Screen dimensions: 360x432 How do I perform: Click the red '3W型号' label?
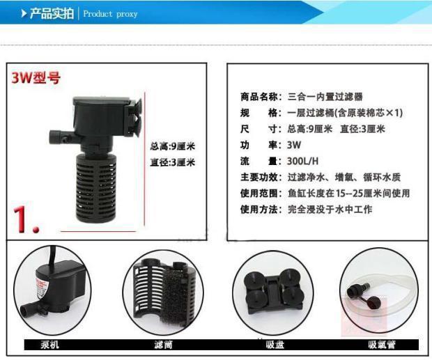[x=36, y=78]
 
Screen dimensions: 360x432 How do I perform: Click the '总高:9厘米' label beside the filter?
[x=172, y=146]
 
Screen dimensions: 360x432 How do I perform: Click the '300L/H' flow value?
[x=303, y=161]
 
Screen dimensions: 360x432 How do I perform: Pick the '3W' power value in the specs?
[x=294, y=145]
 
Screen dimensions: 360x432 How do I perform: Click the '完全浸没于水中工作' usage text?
[x=330, y=209]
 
